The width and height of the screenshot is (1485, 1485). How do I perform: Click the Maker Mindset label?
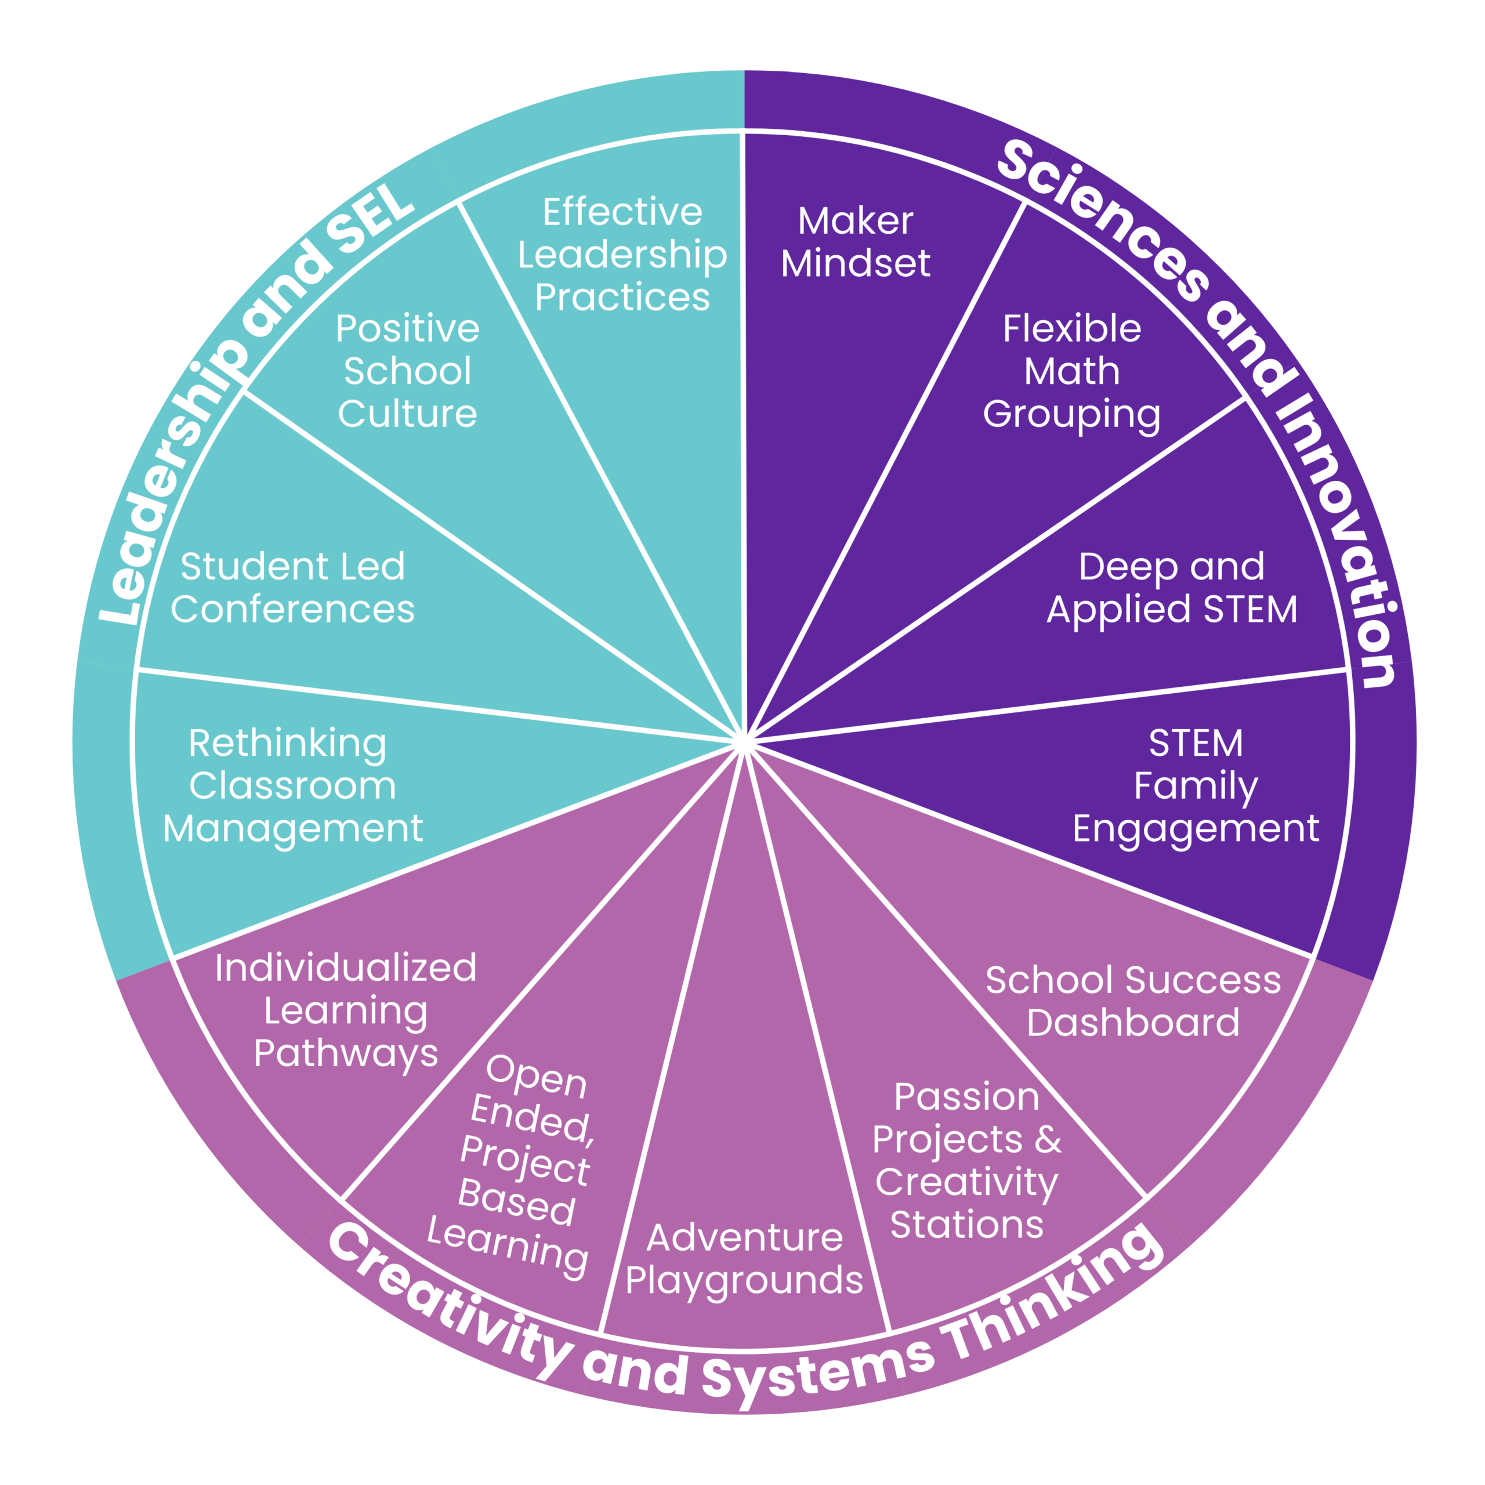pos(856,242)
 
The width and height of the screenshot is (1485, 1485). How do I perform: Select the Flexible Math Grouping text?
pos(1071,372)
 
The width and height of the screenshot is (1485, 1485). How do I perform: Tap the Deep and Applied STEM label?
pos(1171,588)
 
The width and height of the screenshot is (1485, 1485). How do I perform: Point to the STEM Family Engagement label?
pos(1195,785)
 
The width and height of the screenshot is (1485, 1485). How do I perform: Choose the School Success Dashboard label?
pos(1133,1002)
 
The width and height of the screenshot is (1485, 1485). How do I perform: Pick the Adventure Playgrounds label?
pos(744,1259)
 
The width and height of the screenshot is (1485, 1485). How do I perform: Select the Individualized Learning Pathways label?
pos(346,1010)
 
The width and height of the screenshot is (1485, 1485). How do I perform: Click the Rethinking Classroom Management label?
pos(292,785)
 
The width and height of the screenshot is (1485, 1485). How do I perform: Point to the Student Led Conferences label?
pos(292,588)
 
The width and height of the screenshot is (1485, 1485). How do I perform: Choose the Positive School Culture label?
pos(407,372)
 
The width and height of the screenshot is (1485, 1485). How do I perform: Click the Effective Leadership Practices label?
pos(622,255)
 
